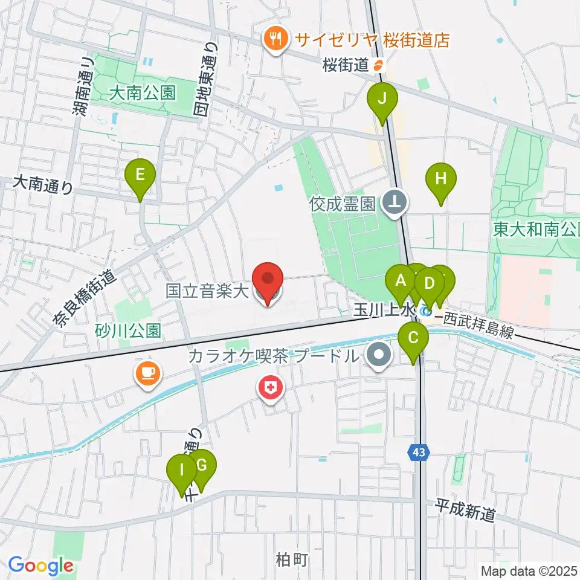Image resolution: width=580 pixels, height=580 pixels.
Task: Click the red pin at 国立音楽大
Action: (268, 279)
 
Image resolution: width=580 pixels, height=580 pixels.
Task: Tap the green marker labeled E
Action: (140, 176)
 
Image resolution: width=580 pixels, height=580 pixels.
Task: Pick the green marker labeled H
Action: (441, 179)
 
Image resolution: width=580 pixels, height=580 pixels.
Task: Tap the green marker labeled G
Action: (202, 466)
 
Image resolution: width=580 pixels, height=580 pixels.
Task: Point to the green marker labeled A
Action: (400, 281)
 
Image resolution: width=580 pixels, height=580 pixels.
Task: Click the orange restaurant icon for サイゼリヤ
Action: (277, 40)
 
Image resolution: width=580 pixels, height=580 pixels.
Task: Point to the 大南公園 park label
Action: (143, 92)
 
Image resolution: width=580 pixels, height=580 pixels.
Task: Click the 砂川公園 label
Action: (128, 330)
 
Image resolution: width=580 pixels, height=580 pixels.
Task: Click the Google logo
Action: (40, 565)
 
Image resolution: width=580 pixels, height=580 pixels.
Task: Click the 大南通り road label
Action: (43, 184)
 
